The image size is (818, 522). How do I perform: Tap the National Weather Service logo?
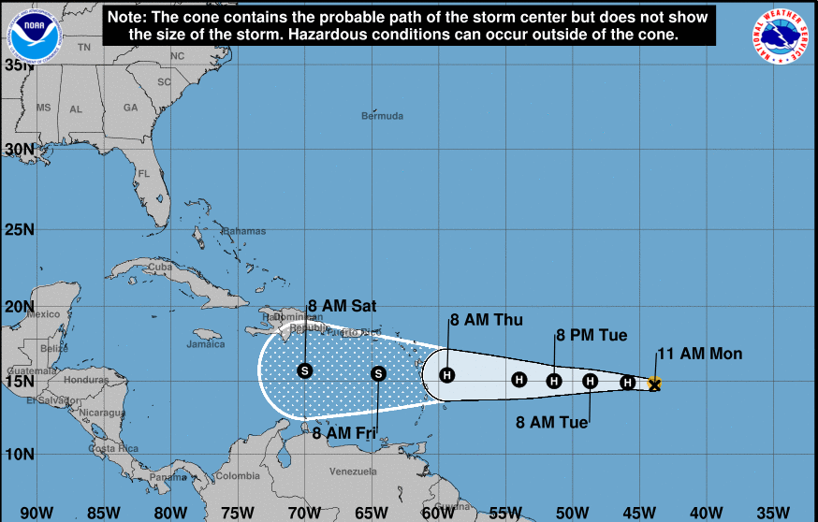[782, 36]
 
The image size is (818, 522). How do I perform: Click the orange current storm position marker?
[654, 383]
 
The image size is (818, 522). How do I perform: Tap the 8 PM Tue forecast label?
[592, 335]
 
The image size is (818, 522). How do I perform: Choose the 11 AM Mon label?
[699, 354]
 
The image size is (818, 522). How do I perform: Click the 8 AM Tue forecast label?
[552, 422]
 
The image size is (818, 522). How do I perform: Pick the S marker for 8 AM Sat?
[304, 370]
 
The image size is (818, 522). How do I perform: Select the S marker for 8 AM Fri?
[378, 373]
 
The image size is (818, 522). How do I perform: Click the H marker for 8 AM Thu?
[447, 376]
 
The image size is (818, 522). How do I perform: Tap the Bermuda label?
[382, 116]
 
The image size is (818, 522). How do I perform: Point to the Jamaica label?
[206, 343]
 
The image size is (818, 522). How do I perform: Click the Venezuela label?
[354, 471]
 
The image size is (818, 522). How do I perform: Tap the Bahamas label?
[244, 231]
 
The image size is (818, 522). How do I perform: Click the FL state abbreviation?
[144, 174]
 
